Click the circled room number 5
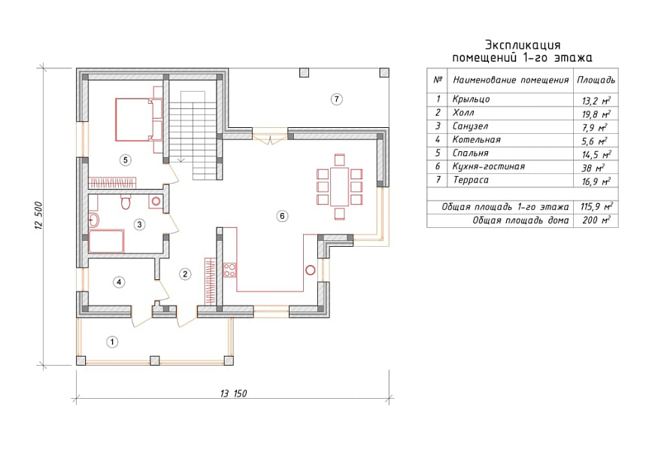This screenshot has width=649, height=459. tap(126, 160)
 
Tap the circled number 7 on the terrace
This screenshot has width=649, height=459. tap(336, 99)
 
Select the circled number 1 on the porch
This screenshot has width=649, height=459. tap(112, 342)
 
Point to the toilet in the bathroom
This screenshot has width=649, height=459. tap(126, 202)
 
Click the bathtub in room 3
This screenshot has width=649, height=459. tap(106, 241)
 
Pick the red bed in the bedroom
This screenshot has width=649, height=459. tap(134, 120)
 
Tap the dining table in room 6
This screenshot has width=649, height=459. tap(339, 187)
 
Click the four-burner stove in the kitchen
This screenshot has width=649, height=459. tap(229, 270)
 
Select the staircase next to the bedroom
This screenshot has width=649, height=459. tap(193, 135)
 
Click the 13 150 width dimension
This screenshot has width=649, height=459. tap(233, 394)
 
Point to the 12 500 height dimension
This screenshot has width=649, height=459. tap(38, 215)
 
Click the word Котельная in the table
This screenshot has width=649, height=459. tap(476, 140)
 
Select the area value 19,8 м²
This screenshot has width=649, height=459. tap(596, 114)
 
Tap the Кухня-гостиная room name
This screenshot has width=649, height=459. tap(488, 166)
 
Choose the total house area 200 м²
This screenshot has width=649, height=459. tap(596, 220)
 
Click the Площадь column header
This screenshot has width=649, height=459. tap(596, 80)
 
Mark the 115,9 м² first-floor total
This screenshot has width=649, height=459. tap(596, 206)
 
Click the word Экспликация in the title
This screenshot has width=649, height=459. tap(523, 44)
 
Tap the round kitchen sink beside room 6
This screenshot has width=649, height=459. tap(310, 271)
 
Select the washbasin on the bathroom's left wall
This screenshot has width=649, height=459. tap(93, 220)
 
